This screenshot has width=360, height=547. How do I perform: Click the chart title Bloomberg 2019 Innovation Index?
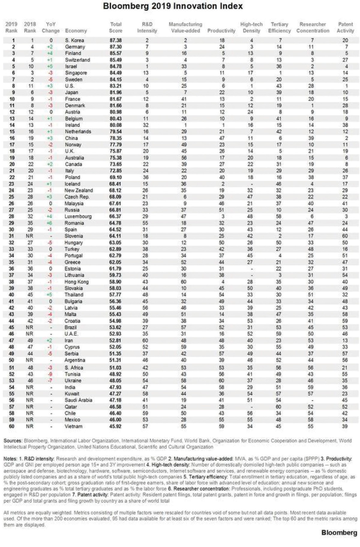tap(173, 6)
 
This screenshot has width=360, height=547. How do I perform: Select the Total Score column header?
tap(115, 27)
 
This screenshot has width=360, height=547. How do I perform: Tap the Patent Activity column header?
tap(345, 27)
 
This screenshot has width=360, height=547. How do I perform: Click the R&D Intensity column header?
tap(147, 27)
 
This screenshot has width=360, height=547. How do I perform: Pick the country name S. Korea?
tap(74, 40)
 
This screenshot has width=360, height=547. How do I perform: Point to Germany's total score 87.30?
tap(115, 47)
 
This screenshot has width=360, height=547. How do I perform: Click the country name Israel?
tap(71, 66)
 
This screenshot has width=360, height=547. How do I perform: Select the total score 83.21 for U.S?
tap(115, 86)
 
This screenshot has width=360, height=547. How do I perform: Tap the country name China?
tap(71, 138)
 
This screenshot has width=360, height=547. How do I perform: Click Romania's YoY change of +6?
tap(50, 223)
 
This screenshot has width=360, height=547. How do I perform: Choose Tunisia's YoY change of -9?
tap(50, 374)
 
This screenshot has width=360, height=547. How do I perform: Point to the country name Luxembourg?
tap(78, 216)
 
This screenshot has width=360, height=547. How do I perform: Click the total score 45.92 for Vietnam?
tap(115, 426)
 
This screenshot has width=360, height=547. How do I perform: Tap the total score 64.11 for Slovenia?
tap(115, 236)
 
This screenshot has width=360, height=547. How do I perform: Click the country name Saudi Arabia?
tap(78, 400)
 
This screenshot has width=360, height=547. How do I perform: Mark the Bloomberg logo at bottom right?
tap(339, 532)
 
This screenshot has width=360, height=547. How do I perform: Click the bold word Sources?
tap(13, 441)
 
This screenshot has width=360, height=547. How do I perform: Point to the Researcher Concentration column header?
tap(313, 27)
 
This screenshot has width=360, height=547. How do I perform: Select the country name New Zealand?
tap(79, 190)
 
